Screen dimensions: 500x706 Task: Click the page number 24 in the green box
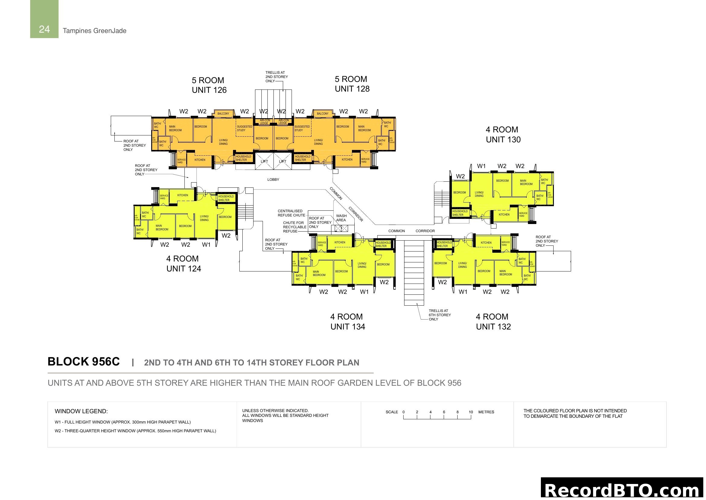(x=44, y=29)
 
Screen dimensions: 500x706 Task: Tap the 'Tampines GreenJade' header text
(x=94, y=31)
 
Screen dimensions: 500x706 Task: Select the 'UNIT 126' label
(x=209, y=90)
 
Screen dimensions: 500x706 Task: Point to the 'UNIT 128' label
(x=352, y=89)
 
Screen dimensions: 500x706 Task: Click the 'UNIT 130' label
(x=503, y=140)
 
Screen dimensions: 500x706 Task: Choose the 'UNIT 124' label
(x=184, y=269)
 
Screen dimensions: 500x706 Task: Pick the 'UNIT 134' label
(x=348, y=327)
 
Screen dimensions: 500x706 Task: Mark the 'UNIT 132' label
(x=493, y=327)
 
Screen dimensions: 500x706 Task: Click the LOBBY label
(x=273, y=180)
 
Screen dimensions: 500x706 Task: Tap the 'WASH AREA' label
(x=341, y=218)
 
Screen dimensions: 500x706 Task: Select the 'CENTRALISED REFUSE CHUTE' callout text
(x=291, y=213)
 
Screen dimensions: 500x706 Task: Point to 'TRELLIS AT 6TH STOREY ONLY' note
(x=440, y=315)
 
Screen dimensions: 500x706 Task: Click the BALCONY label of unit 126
(x=223, y=114)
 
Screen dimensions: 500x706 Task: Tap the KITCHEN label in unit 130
(x=504, y=215)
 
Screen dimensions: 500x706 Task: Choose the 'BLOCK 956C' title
(x=84, y=362)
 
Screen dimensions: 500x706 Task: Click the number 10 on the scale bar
(x=471, y=412)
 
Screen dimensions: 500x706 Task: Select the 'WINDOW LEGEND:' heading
(x=81, y=411)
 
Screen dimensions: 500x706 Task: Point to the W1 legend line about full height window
(x=123, y=422)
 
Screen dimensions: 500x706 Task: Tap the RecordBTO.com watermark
(x=623, y=490)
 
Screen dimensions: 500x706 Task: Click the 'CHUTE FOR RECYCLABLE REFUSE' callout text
(x=294, y=227)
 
